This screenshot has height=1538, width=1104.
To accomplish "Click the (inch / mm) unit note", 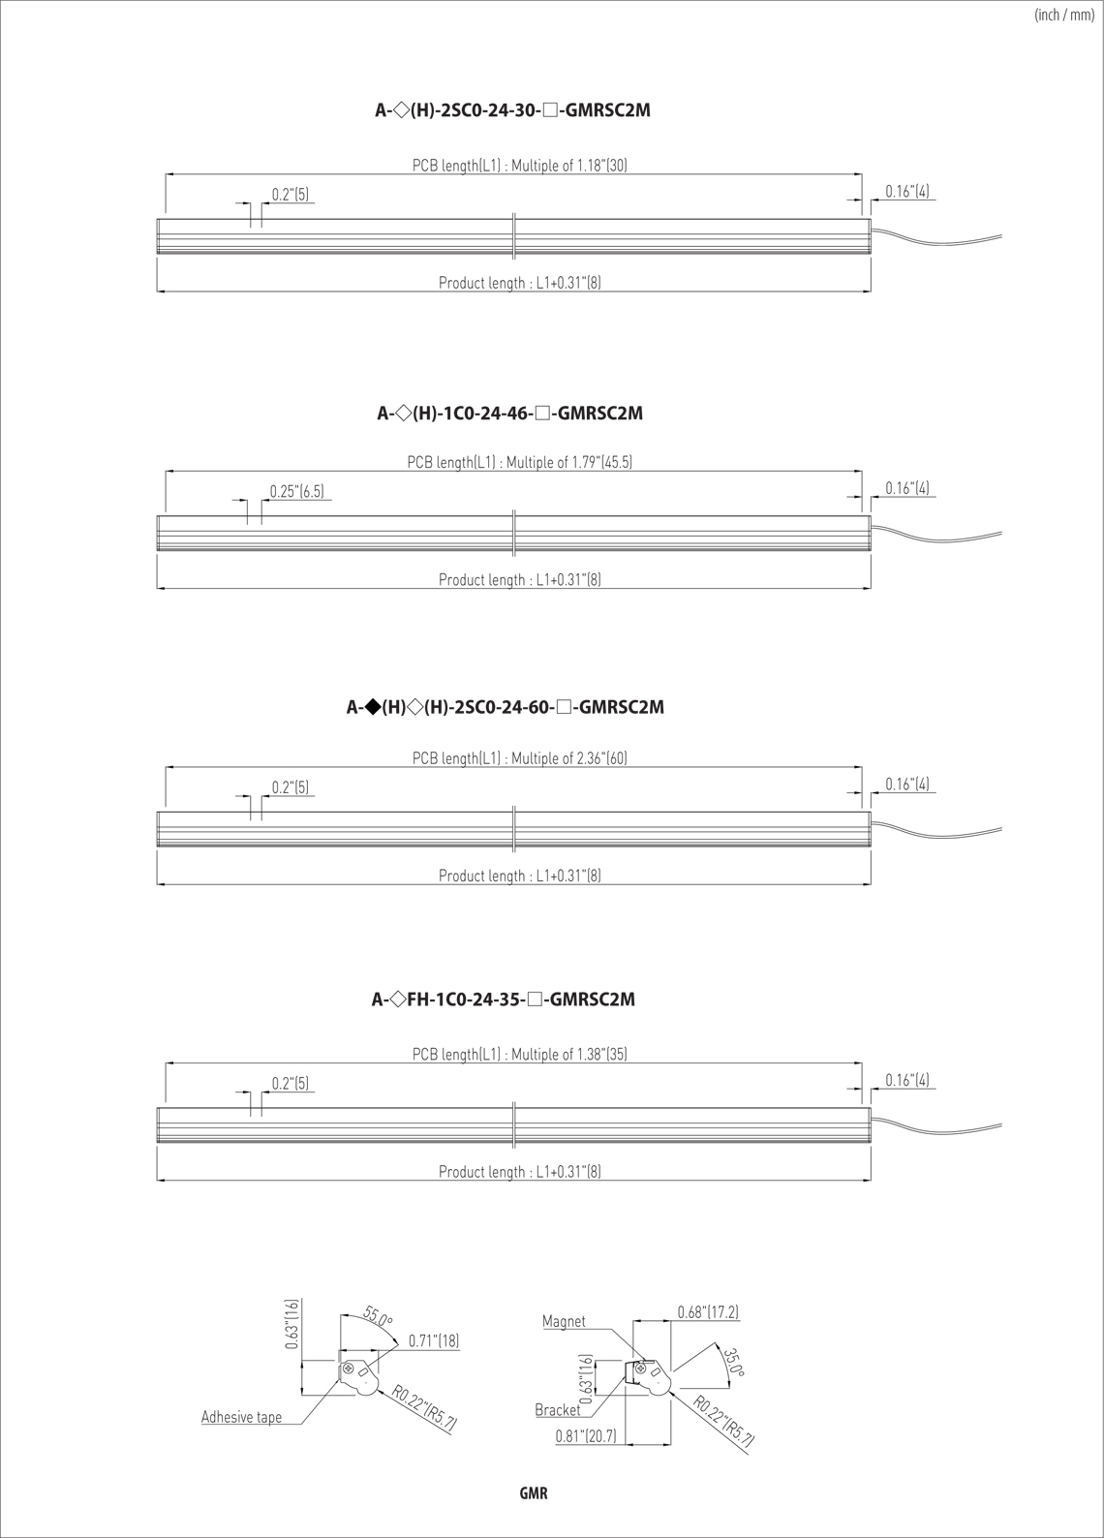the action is coord(1064,15).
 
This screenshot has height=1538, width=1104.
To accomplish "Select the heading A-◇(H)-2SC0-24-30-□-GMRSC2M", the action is coord(513,110).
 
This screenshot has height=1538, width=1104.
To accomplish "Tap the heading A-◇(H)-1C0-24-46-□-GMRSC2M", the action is coord(510,414).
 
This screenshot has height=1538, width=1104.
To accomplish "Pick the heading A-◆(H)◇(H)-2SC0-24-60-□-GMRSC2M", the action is coord(506,707).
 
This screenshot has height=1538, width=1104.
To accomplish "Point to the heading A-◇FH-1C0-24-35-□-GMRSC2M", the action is coord(504,1000).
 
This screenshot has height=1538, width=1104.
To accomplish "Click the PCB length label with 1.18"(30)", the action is coord(520,166).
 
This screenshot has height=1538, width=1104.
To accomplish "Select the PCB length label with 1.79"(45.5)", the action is coord(520,462).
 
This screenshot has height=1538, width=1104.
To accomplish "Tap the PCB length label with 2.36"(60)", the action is coord(520,758).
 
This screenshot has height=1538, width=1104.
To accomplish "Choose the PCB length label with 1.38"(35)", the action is coord(520,1054).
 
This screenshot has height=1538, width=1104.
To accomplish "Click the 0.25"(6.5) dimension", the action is coord(296,492).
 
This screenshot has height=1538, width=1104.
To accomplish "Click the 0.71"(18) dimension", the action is coord(434,1340).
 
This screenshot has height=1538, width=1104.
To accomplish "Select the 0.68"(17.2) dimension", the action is coord(708,1312).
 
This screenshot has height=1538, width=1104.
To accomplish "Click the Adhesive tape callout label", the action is coord(241,1417).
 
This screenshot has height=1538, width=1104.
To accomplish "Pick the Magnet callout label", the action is coord(564,1322).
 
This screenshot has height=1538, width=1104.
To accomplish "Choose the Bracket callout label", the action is coord(558,1410).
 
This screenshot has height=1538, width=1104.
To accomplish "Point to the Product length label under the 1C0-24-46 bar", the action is coord(520,580).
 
